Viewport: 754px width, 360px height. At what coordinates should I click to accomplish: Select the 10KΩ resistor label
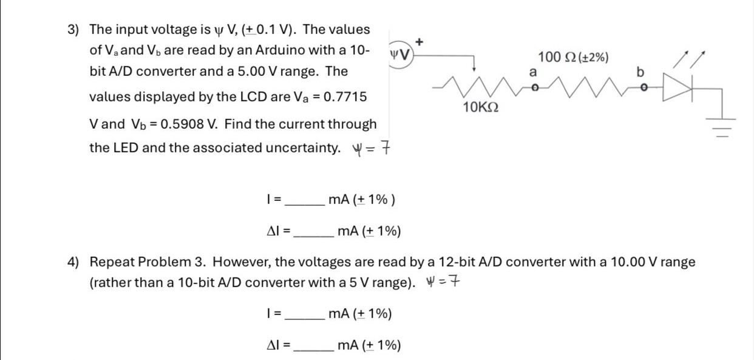(x=480, y=107)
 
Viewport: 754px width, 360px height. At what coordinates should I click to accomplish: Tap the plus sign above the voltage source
(x=419, y=41)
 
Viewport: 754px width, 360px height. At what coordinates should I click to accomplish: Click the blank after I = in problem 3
(x=305, y=199)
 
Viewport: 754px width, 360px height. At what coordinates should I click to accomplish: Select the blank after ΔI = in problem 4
(x=313, y=346)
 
